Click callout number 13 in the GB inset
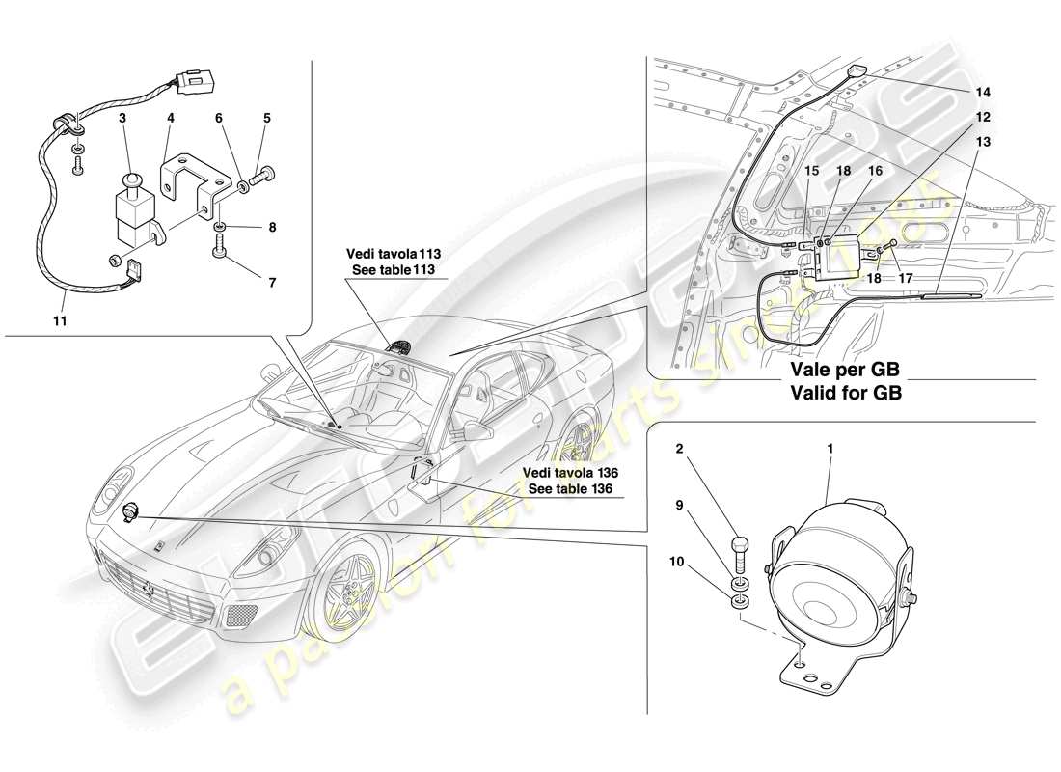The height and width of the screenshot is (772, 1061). pos(982,141)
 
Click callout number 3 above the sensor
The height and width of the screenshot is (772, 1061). pos(122,117)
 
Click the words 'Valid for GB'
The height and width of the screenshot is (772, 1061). pos(846,393)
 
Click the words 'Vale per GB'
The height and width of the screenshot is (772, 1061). pos(846,370)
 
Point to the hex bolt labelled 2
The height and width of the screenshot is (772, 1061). pos(741,553)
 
